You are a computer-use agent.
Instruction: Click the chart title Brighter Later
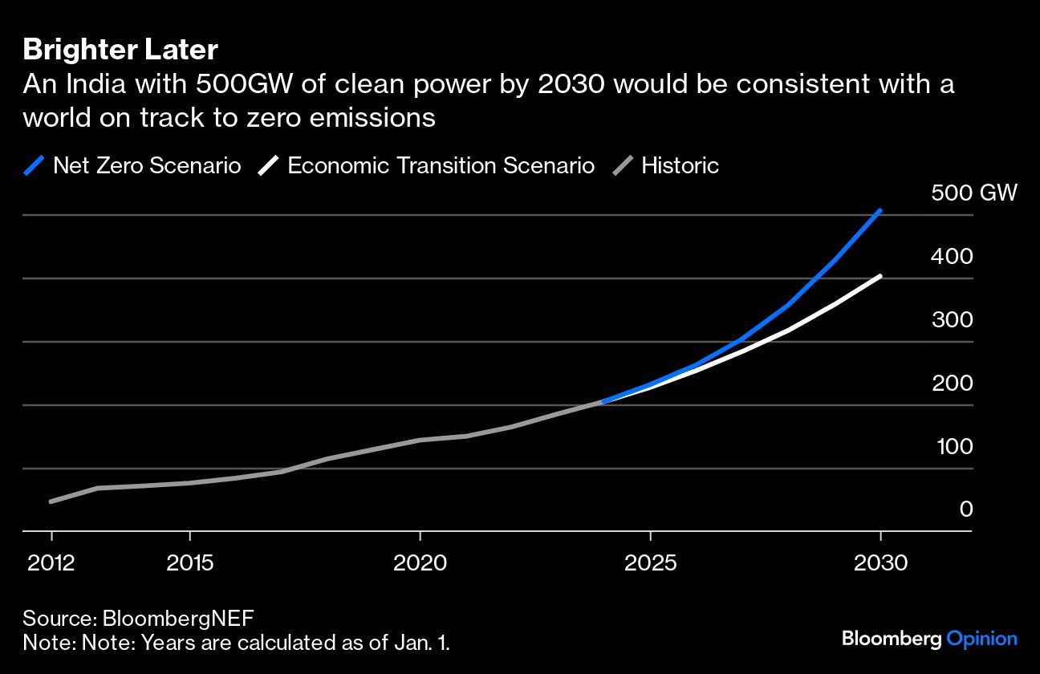point(120,50)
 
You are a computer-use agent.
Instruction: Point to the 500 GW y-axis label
point(973,193)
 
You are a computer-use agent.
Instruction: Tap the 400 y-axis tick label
point(952,257)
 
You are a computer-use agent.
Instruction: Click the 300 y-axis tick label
point(952,320)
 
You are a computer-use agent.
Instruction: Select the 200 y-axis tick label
point(952,384)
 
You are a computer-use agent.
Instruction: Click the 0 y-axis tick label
point(966,510)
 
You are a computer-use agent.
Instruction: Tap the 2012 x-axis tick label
point(51,562)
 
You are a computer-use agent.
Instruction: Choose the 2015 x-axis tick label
point(189,562)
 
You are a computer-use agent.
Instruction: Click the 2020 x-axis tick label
point(420,562)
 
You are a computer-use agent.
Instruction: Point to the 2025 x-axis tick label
point(650,562)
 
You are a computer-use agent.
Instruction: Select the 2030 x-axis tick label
point(880,562)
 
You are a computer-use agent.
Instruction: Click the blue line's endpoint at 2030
point(880,211)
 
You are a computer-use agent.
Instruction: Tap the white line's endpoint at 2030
point(880,276)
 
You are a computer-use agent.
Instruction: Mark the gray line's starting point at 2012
point(51,501)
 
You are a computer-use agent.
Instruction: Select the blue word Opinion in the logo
point(981,639)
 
